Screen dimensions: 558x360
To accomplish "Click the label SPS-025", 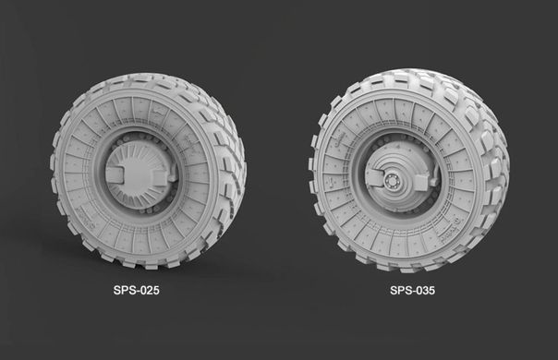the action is point(137,290).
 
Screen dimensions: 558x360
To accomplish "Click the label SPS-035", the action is point(412,290).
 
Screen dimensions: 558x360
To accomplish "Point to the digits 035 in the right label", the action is point(426,290).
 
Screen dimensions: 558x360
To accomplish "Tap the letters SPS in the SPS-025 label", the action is point(124,290).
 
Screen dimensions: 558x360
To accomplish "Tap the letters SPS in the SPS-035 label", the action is point(401,290).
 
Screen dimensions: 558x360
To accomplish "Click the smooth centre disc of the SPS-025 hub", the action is point(137,175).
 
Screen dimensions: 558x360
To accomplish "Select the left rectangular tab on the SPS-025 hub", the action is point(115,174).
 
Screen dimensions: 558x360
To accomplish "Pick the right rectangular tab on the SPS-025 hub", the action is point(160,177).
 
